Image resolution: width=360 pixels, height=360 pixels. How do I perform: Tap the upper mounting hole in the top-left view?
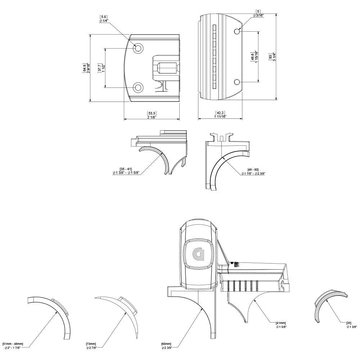click(x=138, y=48)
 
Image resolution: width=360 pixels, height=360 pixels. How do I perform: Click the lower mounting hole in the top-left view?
click(x=138, y=87)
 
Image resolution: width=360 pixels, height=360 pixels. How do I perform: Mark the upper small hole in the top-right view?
click(x=237, y=32)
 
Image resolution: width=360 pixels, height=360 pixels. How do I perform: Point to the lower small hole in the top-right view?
click(x=237, y=82)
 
